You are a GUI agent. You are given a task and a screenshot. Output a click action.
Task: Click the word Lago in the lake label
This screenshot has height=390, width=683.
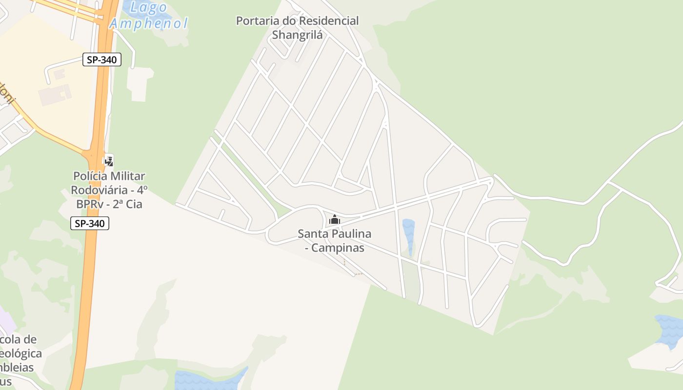[150, 8]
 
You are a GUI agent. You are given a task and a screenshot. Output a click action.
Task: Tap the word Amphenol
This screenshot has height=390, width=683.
[148, 23]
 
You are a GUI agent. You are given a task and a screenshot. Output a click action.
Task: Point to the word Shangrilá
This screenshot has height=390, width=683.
[297, 35]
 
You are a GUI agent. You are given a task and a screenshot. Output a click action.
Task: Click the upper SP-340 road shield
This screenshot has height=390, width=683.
[102, 60]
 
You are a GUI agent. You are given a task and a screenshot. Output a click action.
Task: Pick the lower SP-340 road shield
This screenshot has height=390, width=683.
[90, 224]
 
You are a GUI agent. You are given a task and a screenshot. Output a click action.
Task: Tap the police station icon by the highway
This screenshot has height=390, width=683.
[109, 160]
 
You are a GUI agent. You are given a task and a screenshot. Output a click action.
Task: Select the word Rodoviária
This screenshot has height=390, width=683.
[101, 190]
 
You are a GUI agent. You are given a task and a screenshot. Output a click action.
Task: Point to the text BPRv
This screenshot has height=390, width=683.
[92, 204]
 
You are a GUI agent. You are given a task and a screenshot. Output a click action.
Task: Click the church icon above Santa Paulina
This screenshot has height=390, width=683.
[335, 220]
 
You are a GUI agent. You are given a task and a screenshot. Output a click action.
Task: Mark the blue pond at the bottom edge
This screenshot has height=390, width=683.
[210, 379]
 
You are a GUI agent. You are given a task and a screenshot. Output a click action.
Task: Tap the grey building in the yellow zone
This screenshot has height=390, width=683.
[55, 94]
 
